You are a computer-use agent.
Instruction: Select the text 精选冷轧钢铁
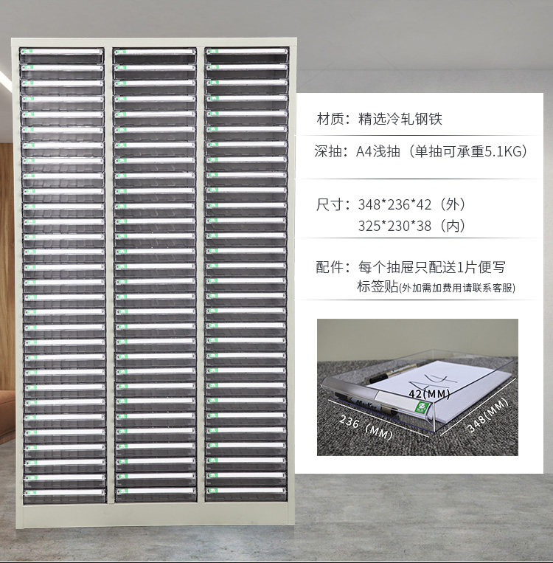click(x=400, y=119)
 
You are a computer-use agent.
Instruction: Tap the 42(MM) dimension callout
click(x=428, y=393)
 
